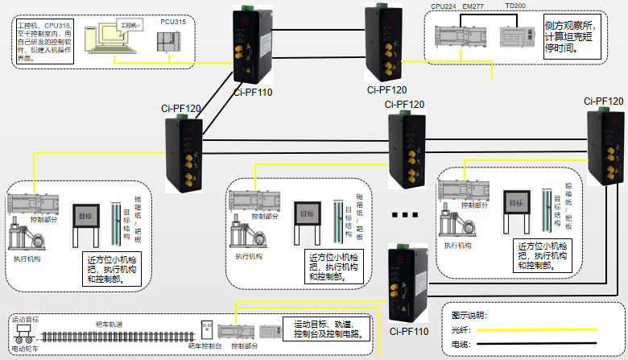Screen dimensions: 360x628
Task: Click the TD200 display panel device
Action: click(514, 37)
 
